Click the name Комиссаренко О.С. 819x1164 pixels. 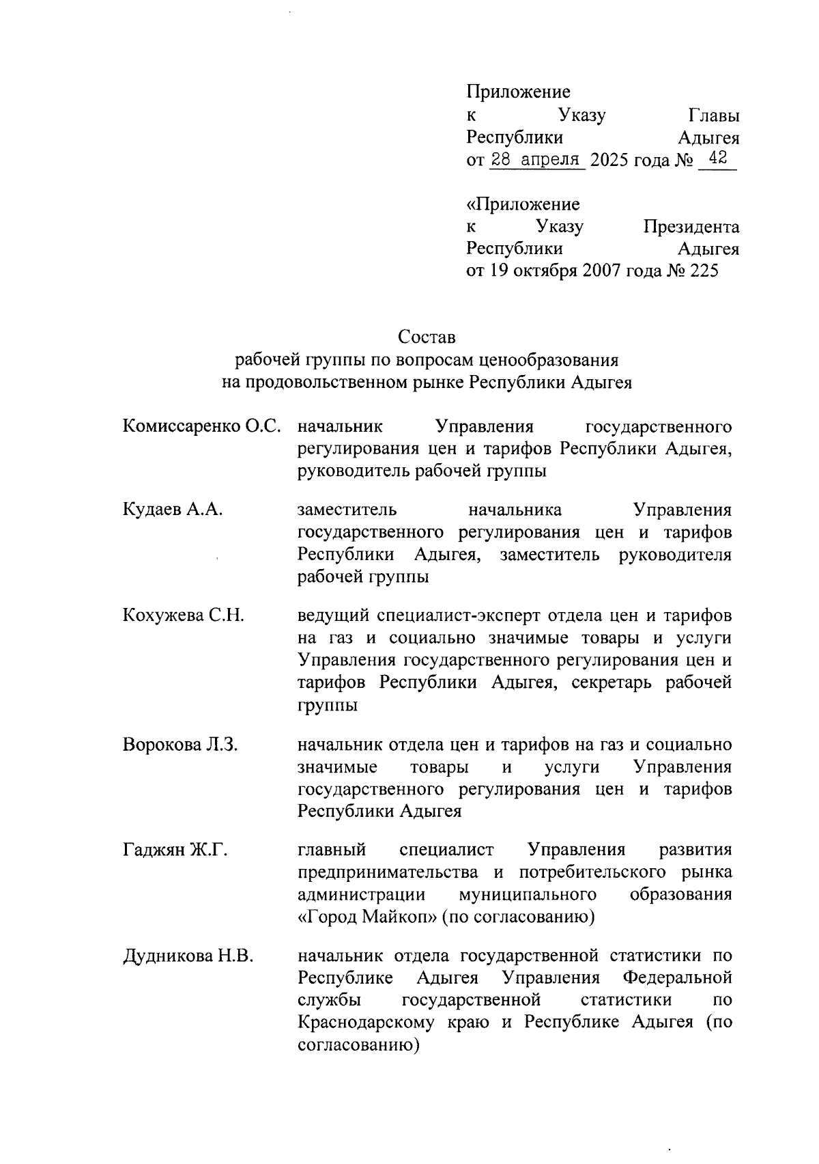pos(202,427)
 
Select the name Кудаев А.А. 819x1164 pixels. pos(173,510)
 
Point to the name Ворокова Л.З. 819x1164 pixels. pos(180,745)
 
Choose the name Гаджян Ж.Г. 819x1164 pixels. pos(175,850)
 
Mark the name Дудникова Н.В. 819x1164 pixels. pos(188,956)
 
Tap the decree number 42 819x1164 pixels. pos(717,159)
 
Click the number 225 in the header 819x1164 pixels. pos(704,271)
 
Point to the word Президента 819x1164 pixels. pos(691,227)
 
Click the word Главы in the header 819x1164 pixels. pos(713,115)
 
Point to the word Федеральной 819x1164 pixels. pos(678,978)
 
